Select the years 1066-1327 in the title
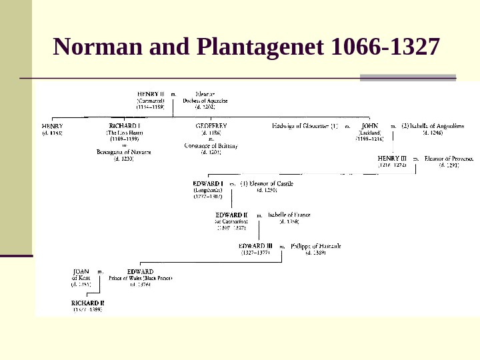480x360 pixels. [x=385, y=47]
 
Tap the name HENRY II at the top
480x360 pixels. [x=151, y=95]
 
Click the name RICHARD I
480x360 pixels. [x=124, y=125]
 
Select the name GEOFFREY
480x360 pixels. [x=211, y=125]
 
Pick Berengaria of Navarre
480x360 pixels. [x=124, y=152]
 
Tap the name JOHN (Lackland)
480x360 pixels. [x=369, y=125]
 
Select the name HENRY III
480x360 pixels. [x=392, y=159]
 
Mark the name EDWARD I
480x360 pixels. [x=208, y=183]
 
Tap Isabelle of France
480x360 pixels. [x=289, y=215]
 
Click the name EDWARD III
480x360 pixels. [x=255, y=246]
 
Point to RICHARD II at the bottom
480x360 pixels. [x=88, y=303]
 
